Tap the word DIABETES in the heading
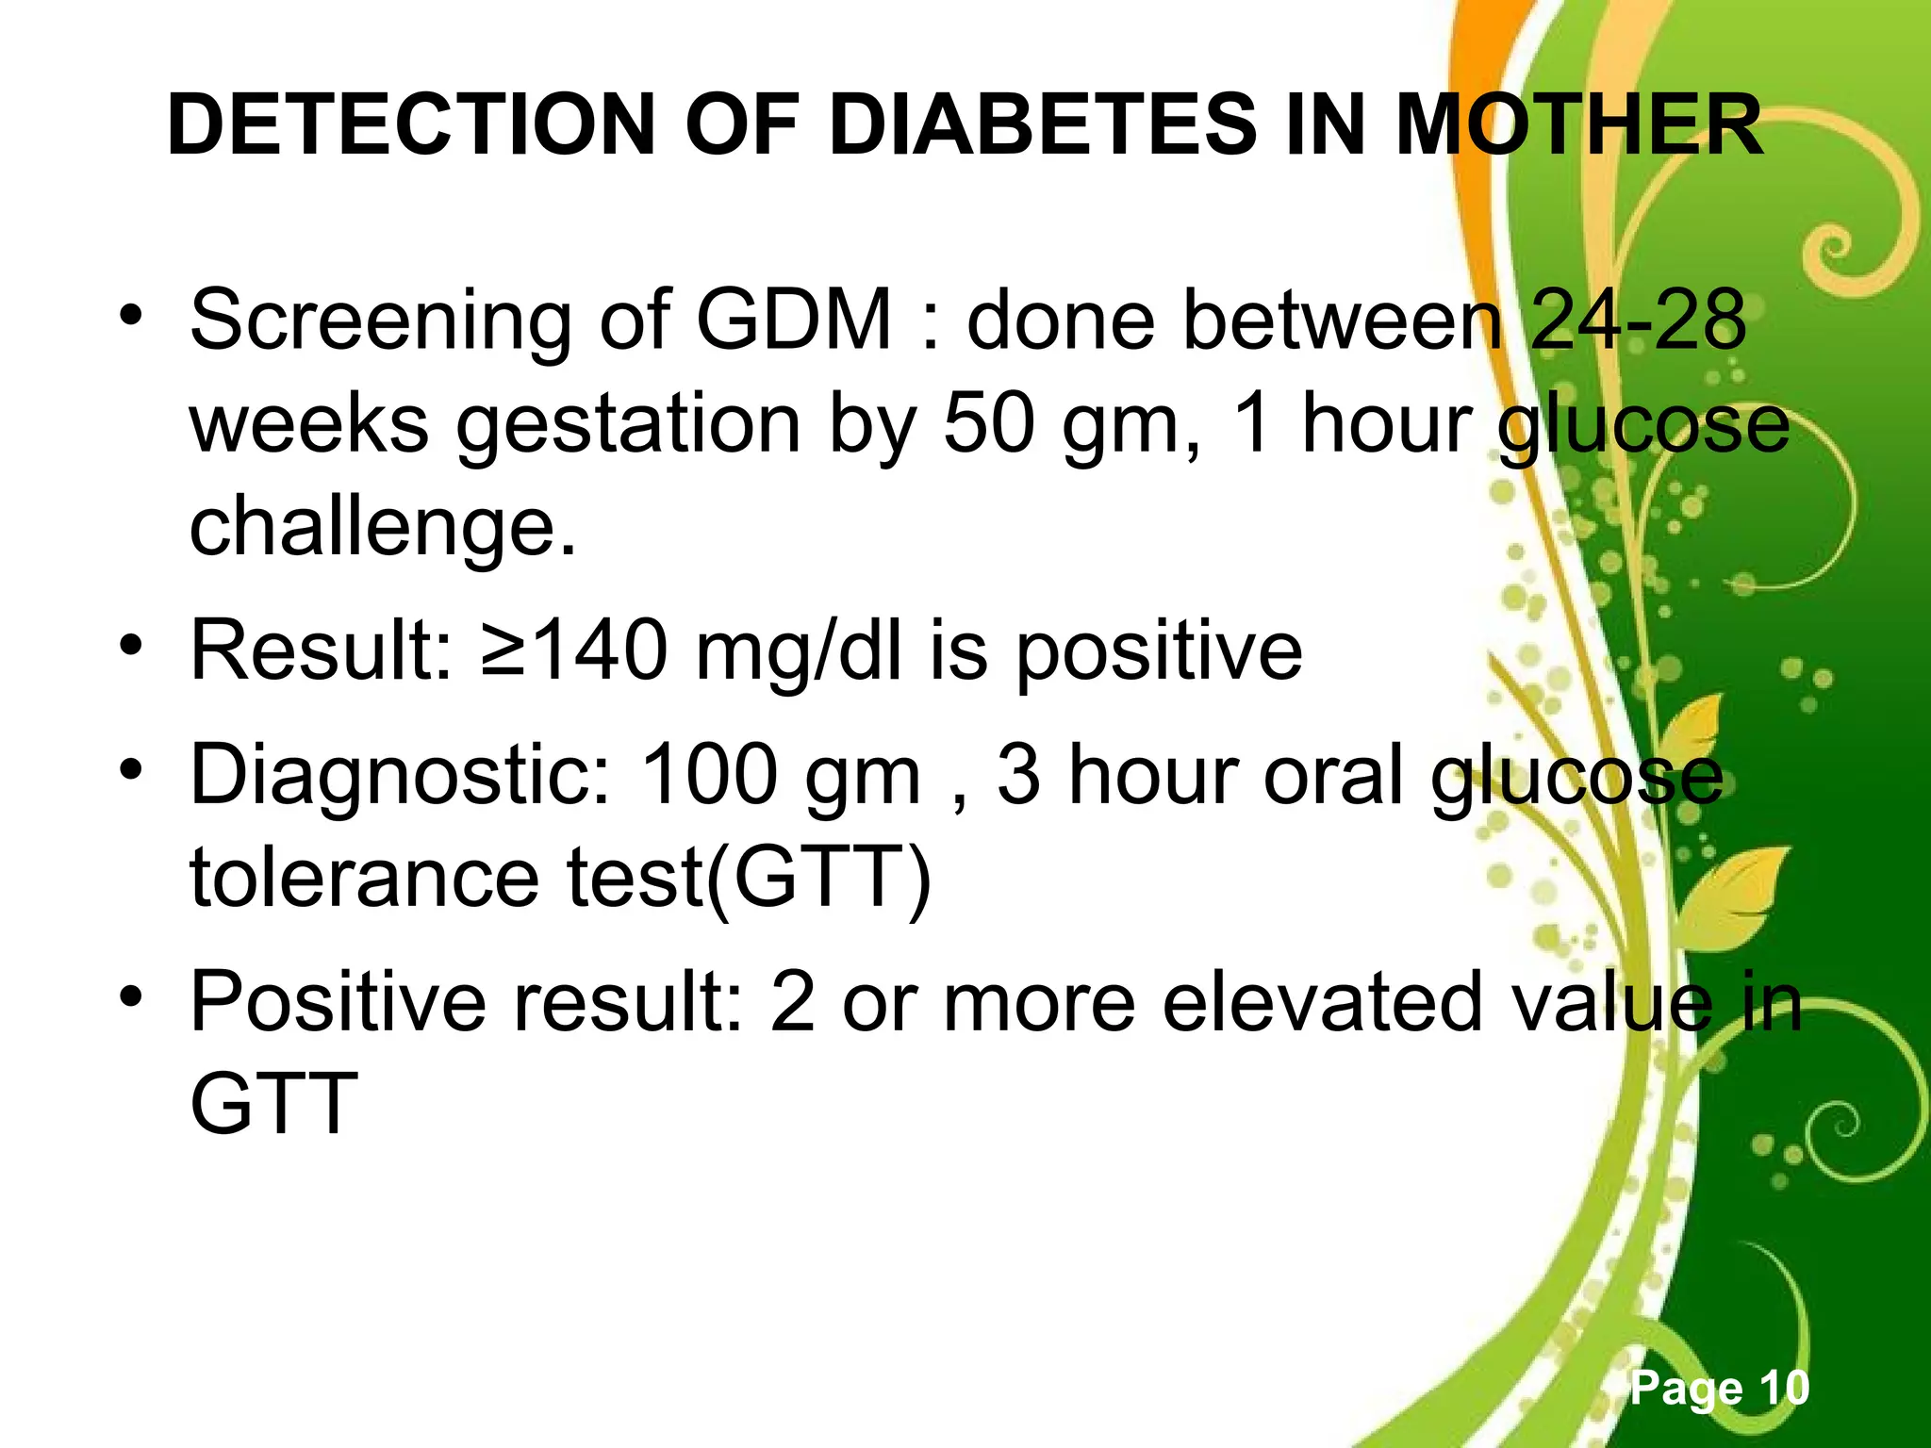[x=1043, y=125]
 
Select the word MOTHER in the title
[x=1578, y=125]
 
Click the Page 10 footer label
[x=1720, y=1388]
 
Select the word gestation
[x=628, y=426]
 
